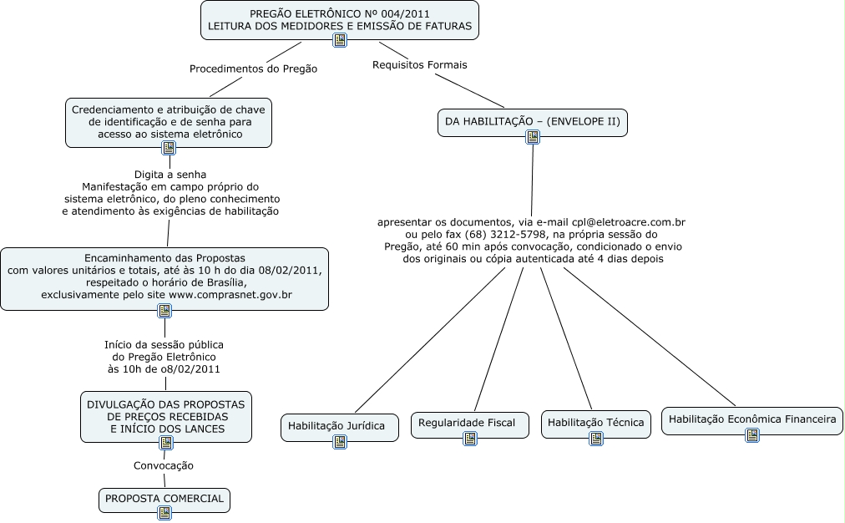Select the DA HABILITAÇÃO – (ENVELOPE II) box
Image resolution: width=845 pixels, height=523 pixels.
click(532, 122)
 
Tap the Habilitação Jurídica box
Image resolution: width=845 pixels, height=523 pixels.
click(336, 426)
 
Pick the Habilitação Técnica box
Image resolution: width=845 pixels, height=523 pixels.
click(595, 424)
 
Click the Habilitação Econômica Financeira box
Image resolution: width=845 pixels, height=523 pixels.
click(752, 419)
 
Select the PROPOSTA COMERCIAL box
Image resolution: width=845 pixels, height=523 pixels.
click(164, 499)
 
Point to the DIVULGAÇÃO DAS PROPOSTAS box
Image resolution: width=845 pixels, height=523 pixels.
click(165, 416)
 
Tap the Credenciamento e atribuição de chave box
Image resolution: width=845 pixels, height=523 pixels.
click(169, 122)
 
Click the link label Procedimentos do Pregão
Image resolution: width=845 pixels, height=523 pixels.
click(253, 69)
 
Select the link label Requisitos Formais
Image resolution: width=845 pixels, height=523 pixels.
click(419, 64)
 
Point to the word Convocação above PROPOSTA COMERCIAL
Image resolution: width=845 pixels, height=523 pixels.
click(164, 465)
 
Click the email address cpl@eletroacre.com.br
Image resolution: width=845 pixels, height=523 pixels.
click(628, 222)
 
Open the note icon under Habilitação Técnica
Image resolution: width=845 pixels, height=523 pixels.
click(596, 438)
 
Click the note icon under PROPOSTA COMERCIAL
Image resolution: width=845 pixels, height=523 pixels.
click(164, 513)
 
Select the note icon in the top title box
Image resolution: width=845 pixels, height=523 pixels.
click(340, 40)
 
